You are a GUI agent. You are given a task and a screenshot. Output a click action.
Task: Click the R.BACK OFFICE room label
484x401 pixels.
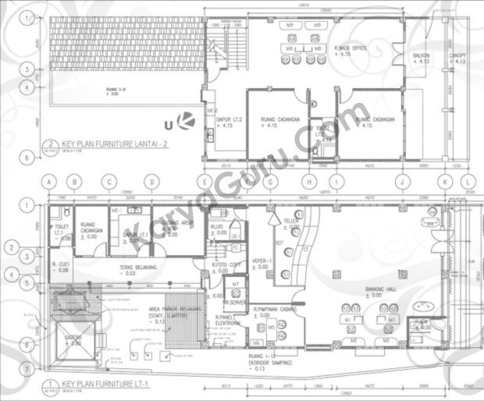pyautogui.click(x=351, y=48)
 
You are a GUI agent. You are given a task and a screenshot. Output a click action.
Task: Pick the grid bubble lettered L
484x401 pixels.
pyautogui.click(x=469, y=182)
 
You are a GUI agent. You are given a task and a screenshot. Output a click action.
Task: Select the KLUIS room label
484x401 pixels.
pyautogui.click(x=217, y=226)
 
